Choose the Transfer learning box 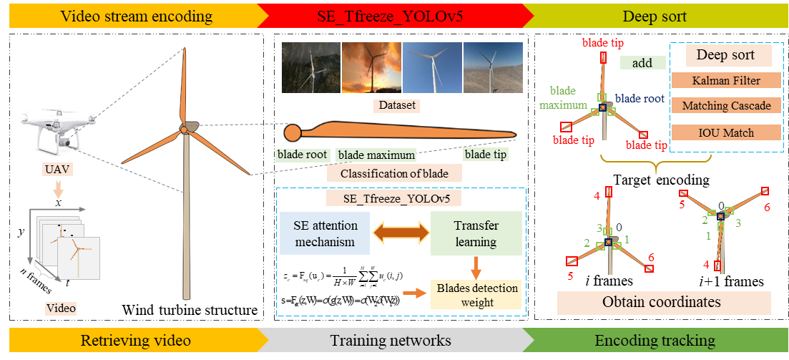coord(476,233)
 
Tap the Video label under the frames coord(61,308)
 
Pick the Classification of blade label coord(394,173)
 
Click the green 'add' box coord(642,63)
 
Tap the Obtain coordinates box coord(663,302)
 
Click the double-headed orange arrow coord(401,233)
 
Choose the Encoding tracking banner coord(655,341)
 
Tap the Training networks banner coord(391,341)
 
